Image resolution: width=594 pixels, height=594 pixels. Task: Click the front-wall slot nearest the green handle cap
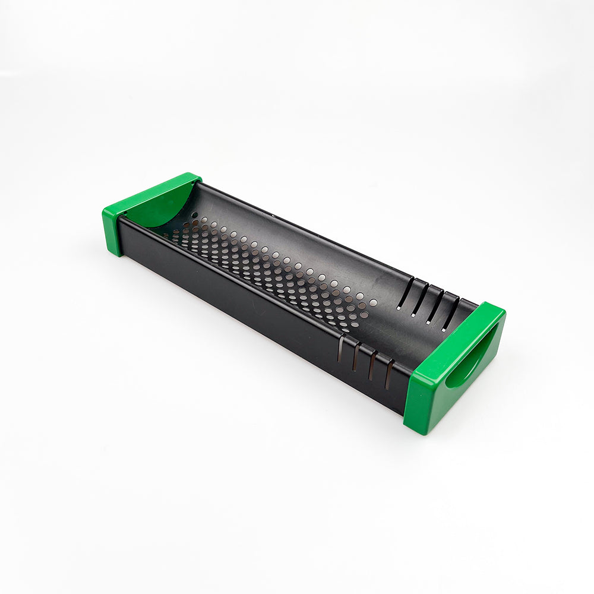(x=390, y=375)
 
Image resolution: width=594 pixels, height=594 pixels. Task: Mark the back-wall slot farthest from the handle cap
(x=406, y=293)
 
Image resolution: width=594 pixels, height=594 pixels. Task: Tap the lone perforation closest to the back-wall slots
(x=373, y=302)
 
